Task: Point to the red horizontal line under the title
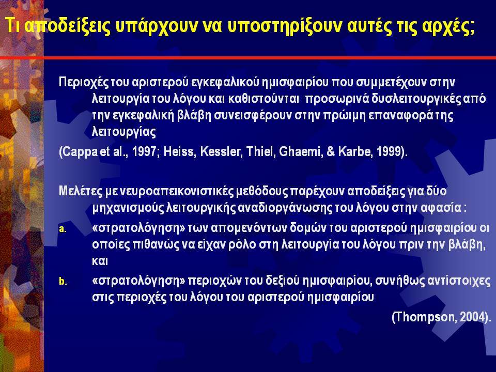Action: pos(248,57)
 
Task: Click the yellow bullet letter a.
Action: pos(63,229)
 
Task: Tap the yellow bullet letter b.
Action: pos(63,281)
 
